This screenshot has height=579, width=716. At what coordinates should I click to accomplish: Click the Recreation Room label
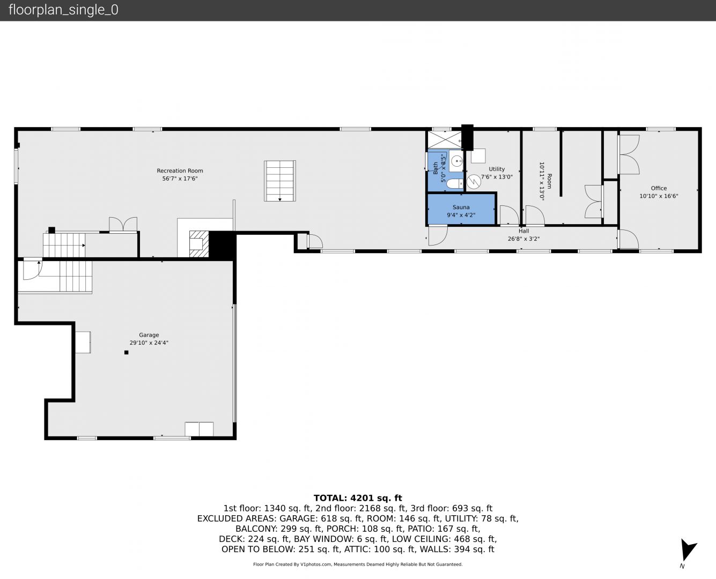pos(180,170)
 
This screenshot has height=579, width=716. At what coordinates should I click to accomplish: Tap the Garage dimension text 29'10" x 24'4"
pos(149,343)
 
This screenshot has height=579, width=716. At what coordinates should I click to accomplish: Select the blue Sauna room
pos(461,210)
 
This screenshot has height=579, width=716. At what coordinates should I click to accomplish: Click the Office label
pos(659,188)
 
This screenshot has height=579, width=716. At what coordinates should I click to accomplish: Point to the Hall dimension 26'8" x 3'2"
pos(523,239)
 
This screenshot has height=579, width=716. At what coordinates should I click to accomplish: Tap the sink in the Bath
pos(456,161)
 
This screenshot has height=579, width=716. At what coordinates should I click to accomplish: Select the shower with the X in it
pos(445,140)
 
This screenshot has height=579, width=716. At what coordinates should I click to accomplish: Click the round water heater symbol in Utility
pos(474,181)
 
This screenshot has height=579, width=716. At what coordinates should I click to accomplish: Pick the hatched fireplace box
pos(199,243)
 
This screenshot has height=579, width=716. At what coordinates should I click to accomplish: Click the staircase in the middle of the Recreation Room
pos(279,181)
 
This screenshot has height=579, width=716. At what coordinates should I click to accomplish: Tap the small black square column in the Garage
pos(127,353)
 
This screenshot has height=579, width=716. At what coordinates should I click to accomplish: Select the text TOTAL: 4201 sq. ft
pos(358,498)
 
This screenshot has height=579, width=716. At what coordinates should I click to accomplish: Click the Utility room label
pos(497,169)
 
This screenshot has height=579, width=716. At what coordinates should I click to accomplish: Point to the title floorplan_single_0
pos(63,10)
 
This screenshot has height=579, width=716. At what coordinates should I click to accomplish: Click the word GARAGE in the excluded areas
pos(298,518)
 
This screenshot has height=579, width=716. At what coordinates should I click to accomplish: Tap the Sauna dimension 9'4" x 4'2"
pos(461,215)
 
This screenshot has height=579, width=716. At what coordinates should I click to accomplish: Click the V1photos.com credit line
pos(358,564)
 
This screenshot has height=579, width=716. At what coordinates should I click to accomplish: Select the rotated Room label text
pos(549,181)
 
